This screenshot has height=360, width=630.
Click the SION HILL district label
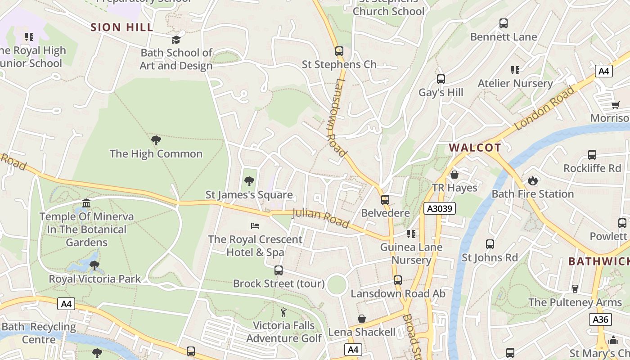click(x=122, y=27)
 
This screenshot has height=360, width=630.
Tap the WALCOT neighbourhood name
click(x=475, y=148)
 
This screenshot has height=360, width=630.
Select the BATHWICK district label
click(x=598, y=261)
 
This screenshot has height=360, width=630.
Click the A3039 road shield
click(x=440, y=208)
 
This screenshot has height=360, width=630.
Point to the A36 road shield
click(x=600, y=319)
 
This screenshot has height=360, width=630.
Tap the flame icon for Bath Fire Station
click(x=533, y=181)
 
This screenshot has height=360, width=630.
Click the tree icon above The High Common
click(x=156, y=140)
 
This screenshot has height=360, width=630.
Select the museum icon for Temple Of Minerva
click(x=86, y=203)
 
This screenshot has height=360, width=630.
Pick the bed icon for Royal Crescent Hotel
click(x=255, y=225)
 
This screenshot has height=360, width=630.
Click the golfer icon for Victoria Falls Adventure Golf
click(x=283, y=312)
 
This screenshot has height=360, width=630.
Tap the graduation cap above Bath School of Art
click(x=176, y=40)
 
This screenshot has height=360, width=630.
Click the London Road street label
click(x=545, y=108)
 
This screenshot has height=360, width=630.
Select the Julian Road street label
click(x=320, y=218)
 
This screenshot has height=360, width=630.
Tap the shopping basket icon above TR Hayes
click(x=454, y=175)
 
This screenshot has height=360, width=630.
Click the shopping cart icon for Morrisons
click(x=615, y=105)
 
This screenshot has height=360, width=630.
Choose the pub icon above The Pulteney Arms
click(x=575, y=289)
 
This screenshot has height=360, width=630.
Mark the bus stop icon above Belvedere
click(x=385, y=200)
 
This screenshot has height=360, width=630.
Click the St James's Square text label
click(x=249, y=195)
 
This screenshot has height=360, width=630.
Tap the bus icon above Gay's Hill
click(x=441, y=79)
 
